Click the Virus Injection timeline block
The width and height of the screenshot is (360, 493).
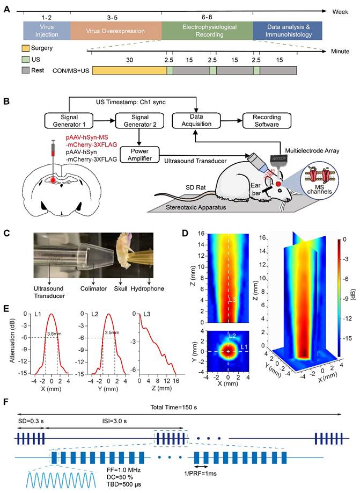[46, 31]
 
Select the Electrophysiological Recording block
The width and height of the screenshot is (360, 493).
[207, 31]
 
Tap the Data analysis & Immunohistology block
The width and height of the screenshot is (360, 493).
[287, 31]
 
